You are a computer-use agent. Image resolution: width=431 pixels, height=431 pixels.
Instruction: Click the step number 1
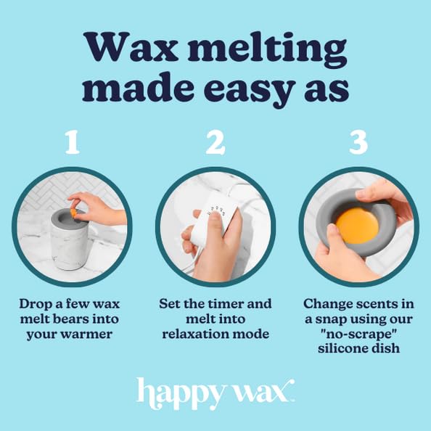pyautogui.click(x=71, y=143)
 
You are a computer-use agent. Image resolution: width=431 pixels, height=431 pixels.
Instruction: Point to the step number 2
pyautogui.click(x=215, y=143)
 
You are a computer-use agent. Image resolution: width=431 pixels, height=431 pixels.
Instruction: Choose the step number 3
pyautogui.click(x=358, y=143)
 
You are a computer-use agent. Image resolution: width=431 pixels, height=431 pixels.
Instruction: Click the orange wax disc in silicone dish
pyautogui.click(x=358, y=226)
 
